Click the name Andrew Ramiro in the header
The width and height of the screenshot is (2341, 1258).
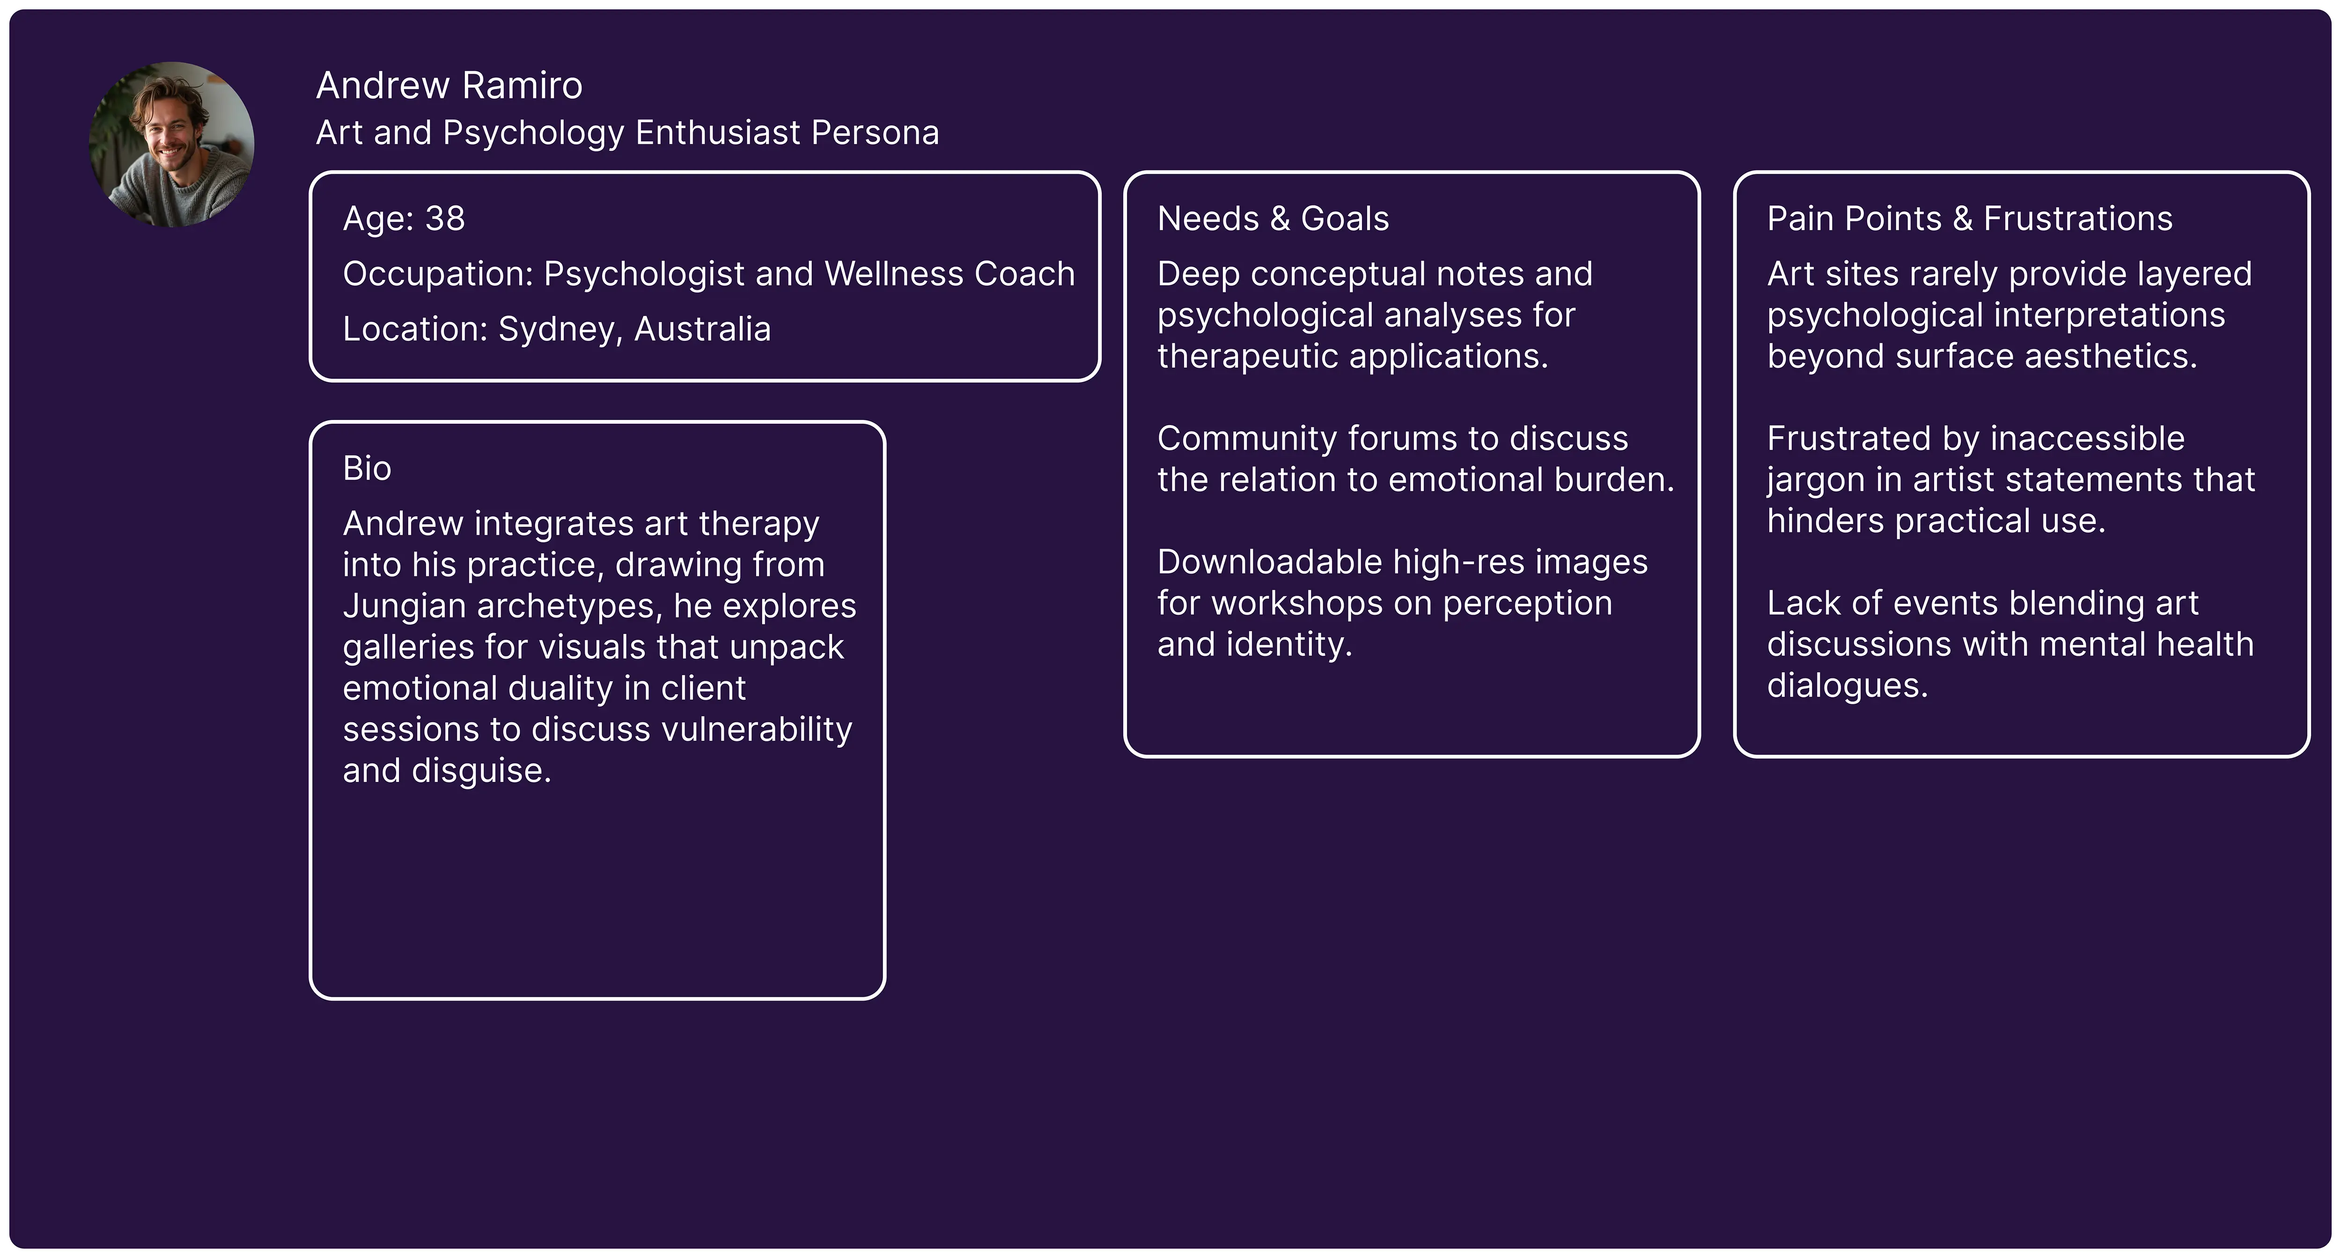tap(449, 85)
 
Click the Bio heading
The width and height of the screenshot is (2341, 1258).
tap(366, 469)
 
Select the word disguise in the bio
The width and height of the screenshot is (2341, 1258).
tap(481, 771)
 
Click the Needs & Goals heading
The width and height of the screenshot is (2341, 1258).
tap(1272, 219)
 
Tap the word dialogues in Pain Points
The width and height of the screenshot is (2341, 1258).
tap(1847, 685)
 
